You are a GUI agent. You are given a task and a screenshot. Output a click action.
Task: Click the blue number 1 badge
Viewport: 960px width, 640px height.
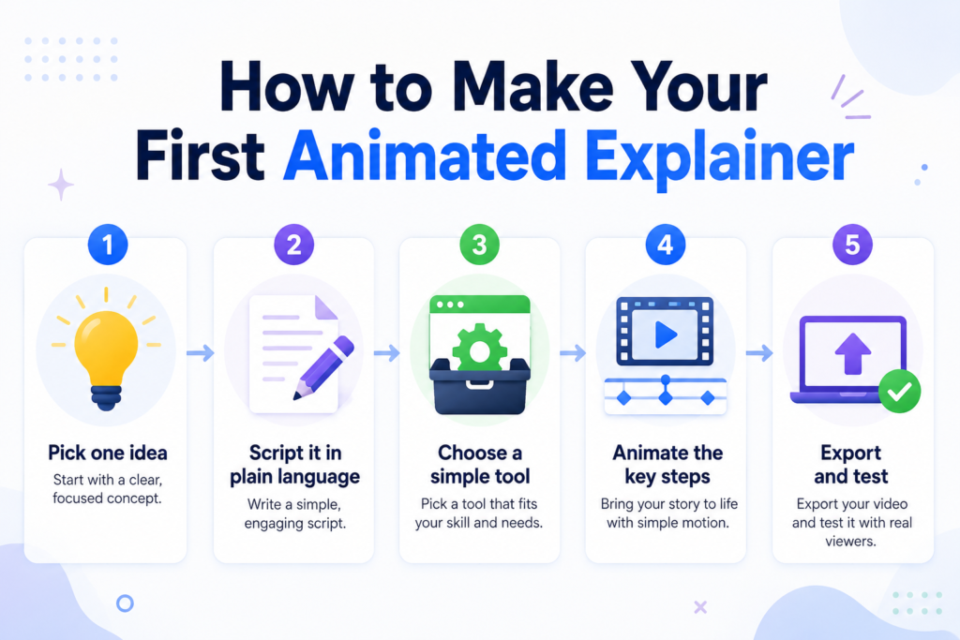108,245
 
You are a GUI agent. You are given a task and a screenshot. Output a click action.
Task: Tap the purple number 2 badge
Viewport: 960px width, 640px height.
293,245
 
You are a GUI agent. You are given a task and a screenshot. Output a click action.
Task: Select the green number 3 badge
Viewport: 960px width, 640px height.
479,245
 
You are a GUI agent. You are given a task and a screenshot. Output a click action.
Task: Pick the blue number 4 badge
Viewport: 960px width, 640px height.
666,245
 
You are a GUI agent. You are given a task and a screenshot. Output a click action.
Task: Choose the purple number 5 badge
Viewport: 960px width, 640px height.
852,245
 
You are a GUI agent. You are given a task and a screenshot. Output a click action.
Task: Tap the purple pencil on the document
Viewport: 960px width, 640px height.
323,367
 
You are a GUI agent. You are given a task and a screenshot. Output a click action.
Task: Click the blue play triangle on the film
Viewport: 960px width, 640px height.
666,335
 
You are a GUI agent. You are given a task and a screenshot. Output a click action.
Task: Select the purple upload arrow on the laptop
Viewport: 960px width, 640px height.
853,353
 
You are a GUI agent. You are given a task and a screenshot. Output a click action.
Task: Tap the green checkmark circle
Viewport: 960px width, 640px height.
899,392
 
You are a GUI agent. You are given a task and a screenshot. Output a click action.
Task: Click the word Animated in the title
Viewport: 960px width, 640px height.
425,156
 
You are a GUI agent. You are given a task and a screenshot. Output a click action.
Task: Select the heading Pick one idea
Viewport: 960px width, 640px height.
108,453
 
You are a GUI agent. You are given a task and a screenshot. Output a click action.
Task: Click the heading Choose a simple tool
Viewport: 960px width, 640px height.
480,465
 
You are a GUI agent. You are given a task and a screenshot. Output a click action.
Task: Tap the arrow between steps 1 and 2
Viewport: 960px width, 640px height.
201,353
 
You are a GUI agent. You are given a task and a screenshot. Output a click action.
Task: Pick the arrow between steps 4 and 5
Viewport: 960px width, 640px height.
759,353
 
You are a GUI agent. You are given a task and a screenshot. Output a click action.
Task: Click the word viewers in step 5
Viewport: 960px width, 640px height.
849,541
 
